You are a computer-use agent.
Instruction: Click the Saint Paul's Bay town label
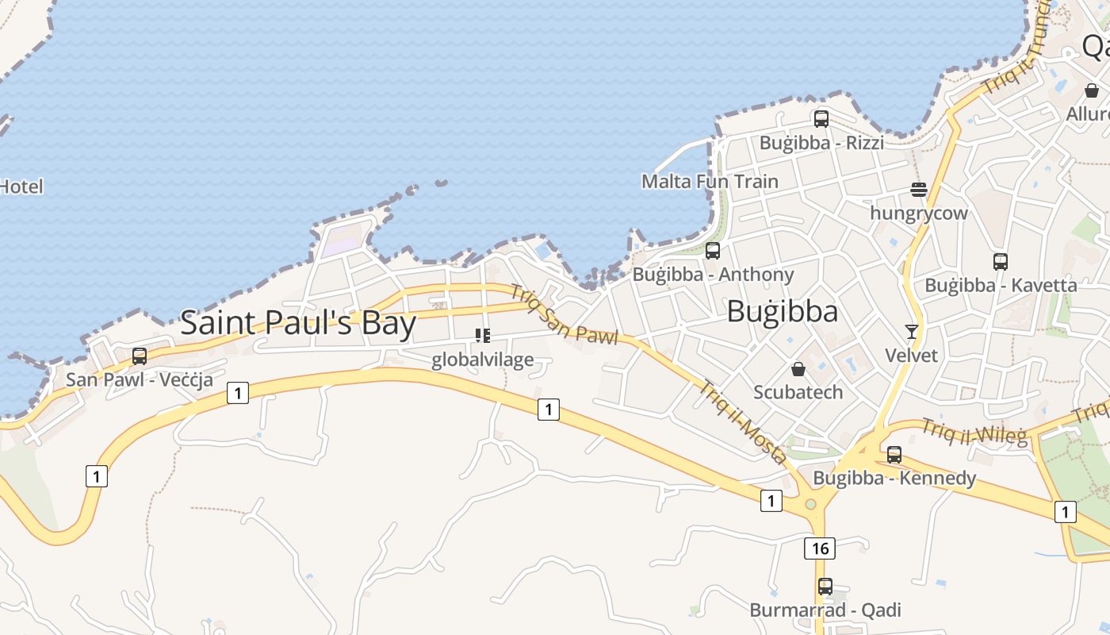click(298, 323)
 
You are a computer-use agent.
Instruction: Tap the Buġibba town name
click(782, 311)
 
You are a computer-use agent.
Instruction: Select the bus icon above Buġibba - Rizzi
click(821, 119)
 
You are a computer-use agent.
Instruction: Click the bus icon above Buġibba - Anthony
click(713, 251)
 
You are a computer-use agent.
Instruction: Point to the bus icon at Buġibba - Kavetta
click(1001, 261)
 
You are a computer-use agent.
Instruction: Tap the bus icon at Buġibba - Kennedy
click(894, 455)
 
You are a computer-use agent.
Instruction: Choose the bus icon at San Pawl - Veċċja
click(140, 356)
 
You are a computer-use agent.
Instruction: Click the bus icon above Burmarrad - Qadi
click(825, 587)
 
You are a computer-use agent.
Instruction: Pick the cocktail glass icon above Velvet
click(912, 331)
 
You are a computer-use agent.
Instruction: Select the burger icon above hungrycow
click(919, 190)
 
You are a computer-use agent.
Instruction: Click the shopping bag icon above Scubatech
click(798, 369)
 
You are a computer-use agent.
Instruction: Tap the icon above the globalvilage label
click(482, 336)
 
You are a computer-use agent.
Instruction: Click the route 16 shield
click(820, 548)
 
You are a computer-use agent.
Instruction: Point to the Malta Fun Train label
click(710, 181)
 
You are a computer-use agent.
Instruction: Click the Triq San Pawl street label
click(564, 315)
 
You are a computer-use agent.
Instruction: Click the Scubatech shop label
click(798, 392)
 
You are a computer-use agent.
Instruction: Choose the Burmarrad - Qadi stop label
click(825, 610)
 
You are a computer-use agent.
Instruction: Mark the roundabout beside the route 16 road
click(810, 503)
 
